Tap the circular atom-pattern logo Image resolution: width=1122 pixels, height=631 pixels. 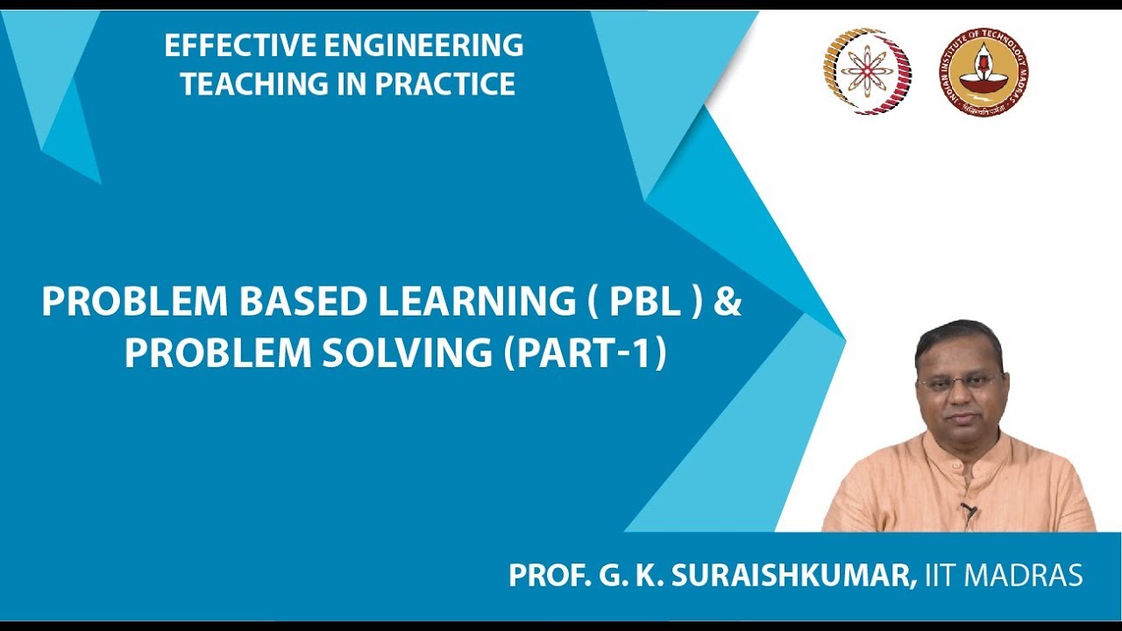(x=866, y=71)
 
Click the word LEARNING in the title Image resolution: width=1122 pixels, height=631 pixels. (x=473, y=302)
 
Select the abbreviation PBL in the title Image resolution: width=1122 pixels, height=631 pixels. (x=646, y=302)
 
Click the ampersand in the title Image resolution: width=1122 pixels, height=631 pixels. (x=728, y=302)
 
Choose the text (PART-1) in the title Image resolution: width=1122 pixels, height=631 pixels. (x=585, y=352)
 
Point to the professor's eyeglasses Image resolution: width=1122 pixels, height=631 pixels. (x=961, y=382)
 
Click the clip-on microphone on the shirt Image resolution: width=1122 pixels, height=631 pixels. (x=969, y=509)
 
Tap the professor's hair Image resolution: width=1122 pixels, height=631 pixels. (x=958, y=337)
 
